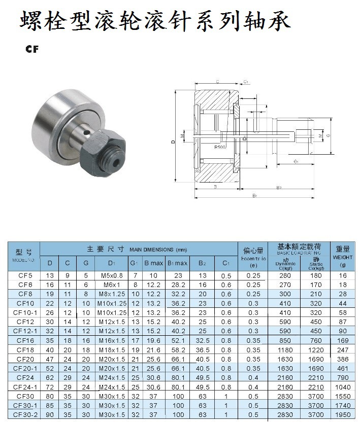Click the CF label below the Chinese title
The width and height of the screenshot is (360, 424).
(x=31, y=50)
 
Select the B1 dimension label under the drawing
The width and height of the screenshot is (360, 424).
(x=254, y=195)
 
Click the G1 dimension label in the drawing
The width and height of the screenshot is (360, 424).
(x=296, y=161)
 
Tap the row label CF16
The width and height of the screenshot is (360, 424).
(x=25, y=341)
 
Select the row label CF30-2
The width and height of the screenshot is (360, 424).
(x=25, y=415)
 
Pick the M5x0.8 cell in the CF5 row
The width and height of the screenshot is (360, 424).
(x=110, y=275)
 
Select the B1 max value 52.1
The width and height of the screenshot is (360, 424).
(x=178, y=341)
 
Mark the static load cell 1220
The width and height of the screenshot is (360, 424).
(x=315, y=350)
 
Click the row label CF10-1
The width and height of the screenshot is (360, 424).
(x=25, y=312)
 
